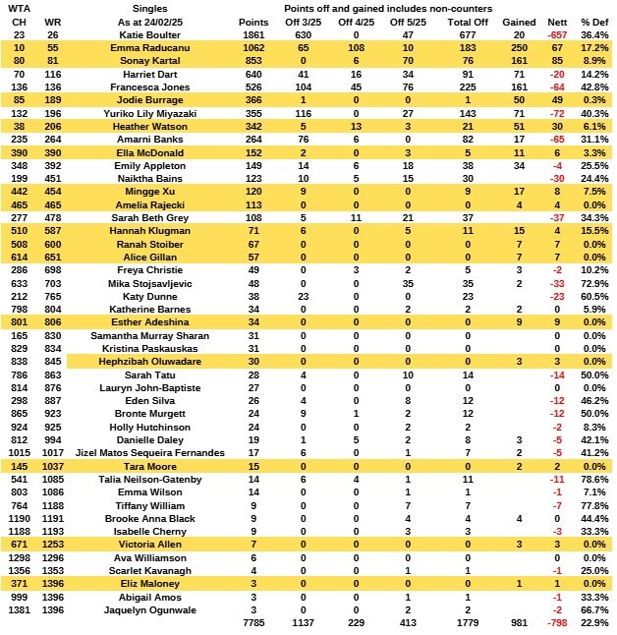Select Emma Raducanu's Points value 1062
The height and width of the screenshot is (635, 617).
(253, 47)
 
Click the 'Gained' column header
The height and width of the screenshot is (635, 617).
(519, 22)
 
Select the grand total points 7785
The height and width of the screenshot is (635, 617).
(253, 623)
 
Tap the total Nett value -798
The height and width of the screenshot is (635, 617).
(556, 623)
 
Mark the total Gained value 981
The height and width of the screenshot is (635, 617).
(519, 623)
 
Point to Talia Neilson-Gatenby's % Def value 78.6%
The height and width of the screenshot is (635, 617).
(592, 479)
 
